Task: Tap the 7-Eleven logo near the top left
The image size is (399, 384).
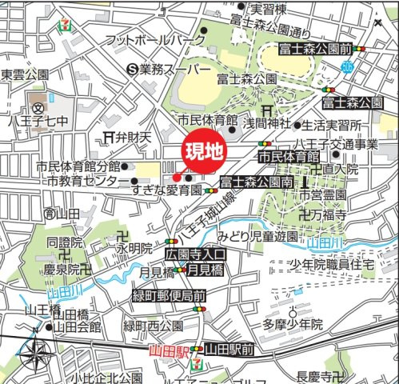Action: coord(61,23)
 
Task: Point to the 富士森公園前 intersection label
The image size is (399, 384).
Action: coord(315,50)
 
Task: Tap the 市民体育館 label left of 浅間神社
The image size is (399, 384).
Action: coord(209,120)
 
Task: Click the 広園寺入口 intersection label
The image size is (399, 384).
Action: coord(196,254)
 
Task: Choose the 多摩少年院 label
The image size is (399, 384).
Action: coord(293,324)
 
